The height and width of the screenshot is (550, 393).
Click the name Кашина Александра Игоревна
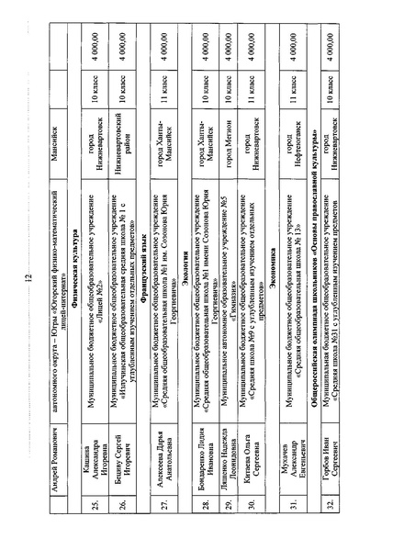pyautogui.click(x=93, y=71)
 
